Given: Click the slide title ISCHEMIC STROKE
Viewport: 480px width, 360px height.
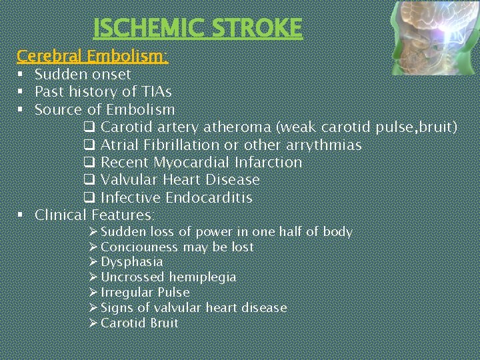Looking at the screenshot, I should point(197,28).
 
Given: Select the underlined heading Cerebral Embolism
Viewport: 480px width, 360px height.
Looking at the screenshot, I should point(92,56).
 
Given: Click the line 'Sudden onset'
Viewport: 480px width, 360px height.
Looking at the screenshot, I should point(83,75).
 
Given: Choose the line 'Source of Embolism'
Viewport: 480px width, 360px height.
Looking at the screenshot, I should point(105,109).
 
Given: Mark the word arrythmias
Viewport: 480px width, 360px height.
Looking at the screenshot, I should point(321,145).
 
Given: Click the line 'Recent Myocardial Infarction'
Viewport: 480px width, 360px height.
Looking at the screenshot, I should point(201,163).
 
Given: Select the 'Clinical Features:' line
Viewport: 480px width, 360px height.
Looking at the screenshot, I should point(95,215).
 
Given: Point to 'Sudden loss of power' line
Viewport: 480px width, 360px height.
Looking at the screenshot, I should point(226,232).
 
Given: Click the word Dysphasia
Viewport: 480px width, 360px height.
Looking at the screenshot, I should point(131,262).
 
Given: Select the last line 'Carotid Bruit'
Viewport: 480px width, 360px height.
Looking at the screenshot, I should point(139,323).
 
